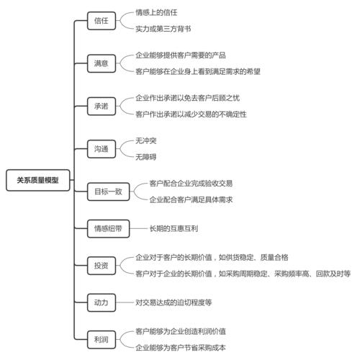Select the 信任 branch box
[101, 21]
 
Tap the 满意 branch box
[101, 63]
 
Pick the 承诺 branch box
[101, 106]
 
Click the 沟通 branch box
[101, 148]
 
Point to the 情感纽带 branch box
[108, 228]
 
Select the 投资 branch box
[101, 266]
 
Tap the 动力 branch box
[101, 302]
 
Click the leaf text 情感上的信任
[156, 13]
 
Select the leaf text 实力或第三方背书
[163, 29]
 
